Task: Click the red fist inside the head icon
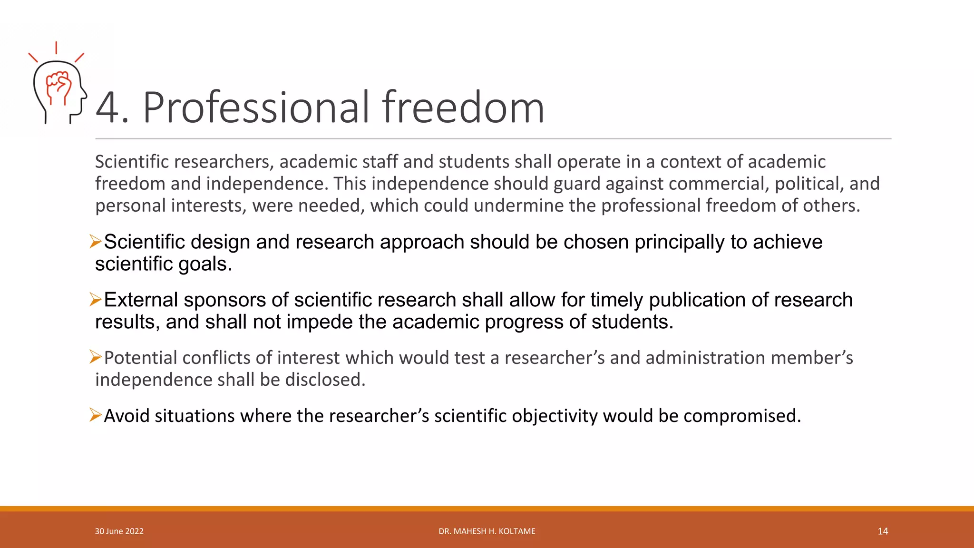pyautogui.click(x=59, y=86)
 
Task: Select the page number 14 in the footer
pyautogui.click(x=883, y=531)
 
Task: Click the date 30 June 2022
pyautogui.click(x=119, y=531)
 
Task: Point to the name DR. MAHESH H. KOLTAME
pyautogui.click(x=487, y=531)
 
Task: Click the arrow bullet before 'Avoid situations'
pyautogui.click(x=95, y=415)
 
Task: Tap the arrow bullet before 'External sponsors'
pyautogui.click(x=95, y=300)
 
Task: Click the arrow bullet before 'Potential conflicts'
pyautogui.click(x=95, y=357)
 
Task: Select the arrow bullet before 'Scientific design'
pyautogui.click(x=95, y=242)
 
